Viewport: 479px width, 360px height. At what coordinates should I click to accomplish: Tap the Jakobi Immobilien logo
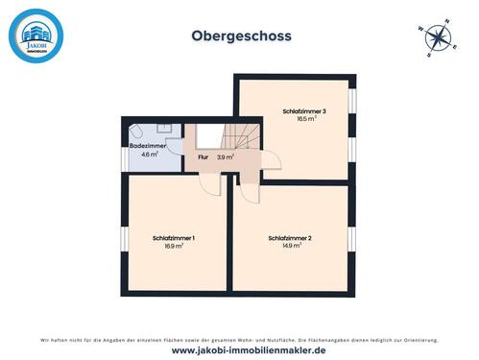36,36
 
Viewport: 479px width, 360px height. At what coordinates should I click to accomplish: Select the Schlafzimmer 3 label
304,111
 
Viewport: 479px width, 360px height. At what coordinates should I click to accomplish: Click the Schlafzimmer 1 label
174,238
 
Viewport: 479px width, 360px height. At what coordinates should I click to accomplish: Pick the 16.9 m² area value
174,246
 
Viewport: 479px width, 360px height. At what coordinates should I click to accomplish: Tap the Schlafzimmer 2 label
290,238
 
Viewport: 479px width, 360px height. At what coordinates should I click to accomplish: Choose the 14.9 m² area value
290,246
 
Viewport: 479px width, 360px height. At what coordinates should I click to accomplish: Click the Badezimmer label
149,145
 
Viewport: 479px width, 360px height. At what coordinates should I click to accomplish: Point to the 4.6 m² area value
149,154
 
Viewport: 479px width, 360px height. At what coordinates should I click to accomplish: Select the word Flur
203,156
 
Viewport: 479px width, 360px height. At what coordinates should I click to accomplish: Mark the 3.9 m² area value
226,156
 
